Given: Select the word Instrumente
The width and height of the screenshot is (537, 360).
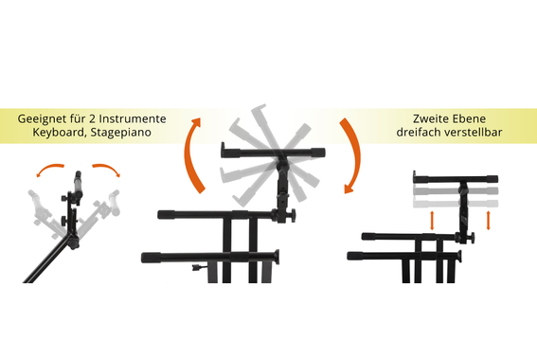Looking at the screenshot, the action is coord(133,118).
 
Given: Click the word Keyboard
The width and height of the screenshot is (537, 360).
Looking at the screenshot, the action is coord(59,133).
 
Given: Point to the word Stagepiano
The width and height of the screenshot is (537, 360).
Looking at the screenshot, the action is coord(120,133).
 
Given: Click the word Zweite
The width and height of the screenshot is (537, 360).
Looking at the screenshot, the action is coord(429,118).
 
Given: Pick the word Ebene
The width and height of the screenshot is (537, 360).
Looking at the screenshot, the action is coord(468,118).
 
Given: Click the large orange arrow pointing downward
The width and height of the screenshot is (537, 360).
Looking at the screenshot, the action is coord(356,154).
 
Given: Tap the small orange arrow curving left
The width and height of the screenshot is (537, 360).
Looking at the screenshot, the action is coord(49,169).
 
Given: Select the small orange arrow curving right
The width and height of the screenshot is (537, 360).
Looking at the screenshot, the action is coord(107,169).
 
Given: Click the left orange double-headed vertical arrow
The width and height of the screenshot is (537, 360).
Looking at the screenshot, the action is coord(432,221).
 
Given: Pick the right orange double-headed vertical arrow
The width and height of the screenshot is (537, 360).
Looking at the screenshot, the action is coord(489,221).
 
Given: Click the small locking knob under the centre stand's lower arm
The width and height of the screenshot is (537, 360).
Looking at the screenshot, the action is coord(196,268).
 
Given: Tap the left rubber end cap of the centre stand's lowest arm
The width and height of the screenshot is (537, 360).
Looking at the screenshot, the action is coord(151,258).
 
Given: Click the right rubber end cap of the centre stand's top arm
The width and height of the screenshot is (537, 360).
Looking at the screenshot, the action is coord(318,152).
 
